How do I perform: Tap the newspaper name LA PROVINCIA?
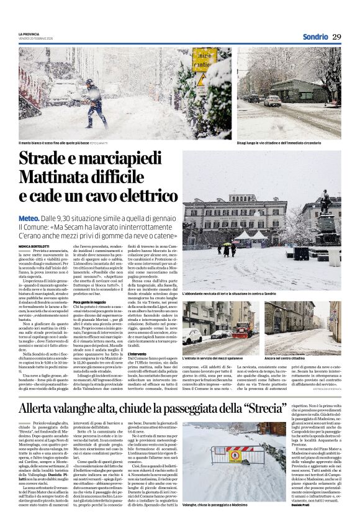click(29, 34)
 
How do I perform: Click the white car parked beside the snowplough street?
click(191, 336)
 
